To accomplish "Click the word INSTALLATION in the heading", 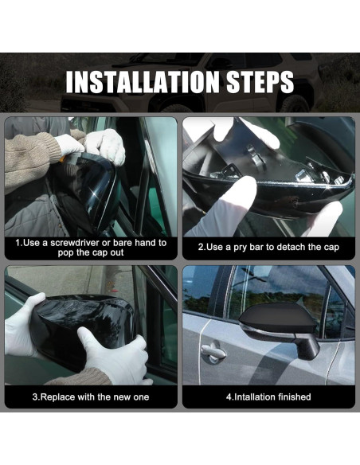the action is [143, 82].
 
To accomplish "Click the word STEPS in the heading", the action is [260, 82].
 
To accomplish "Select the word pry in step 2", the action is [241, 248].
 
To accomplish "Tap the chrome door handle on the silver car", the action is [213, 353].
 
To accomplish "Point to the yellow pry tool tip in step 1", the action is [62, 158].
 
